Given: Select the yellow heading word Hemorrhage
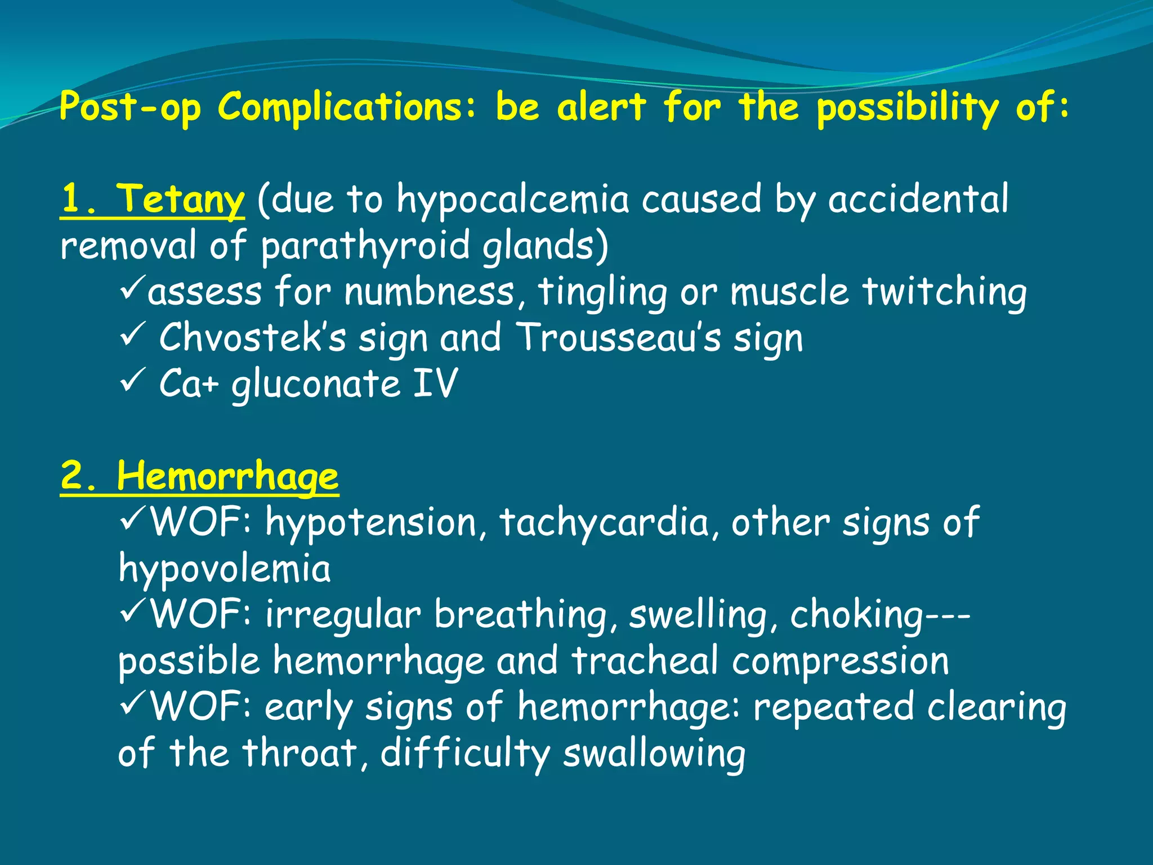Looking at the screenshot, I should click(227, 476).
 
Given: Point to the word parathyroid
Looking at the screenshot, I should click(365, 246).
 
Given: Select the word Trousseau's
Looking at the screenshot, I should click(618, 338).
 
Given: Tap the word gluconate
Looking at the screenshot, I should click(315, 384).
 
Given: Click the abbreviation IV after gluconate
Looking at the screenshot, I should click(435, 384).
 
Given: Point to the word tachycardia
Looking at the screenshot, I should click(604, 523).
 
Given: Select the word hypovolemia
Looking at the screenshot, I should click(224, 569).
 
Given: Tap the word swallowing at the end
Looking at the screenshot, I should click(654, 753).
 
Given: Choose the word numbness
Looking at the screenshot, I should click(429, 292).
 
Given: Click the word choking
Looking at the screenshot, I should click(856, 615).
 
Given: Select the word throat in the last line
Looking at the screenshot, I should click(300, 753).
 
